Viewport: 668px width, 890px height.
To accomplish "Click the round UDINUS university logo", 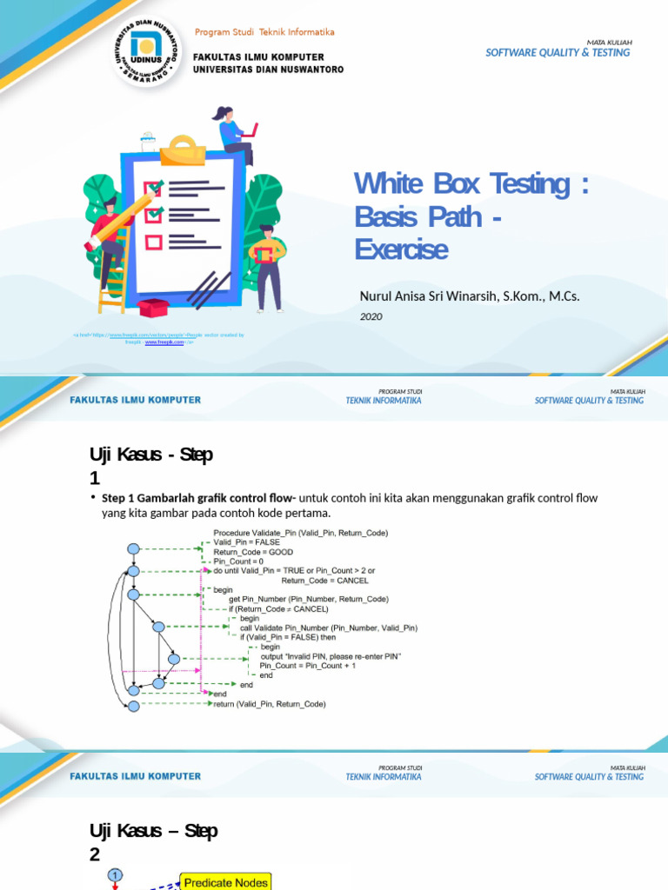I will [x=145, y=51].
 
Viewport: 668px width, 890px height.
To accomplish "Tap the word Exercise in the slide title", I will [x=401, y=249].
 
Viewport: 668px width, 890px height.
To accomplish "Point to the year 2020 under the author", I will [x=371, y=317].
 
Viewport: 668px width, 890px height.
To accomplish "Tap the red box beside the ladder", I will [x=152, y=307].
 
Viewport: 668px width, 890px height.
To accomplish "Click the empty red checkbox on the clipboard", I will [x=153, y=242].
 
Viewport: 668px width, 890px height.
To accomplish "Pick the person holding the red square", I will [x=267, y=265].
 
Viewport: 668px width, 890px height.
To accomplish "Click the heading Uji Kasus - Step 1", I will [x=150, y=466].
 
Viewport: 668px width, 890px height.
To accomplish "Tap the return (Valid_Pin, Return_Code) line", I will [x=270, y=704].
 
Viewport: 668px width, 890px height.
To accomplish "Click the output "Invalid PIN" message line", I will [x=331, y=655].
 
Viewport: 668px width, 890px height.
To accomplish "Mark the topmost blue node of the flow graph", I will [x=133, y=548].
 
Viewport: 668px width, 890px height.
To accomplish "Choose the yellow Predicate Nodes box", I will [x=226, y=882].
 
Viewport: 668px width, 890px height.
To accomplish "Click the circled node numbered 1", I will [x=115, y=874].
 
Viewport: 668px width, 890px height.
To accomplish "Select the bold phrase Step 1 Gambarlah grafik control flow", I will [x=199, y=498].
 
